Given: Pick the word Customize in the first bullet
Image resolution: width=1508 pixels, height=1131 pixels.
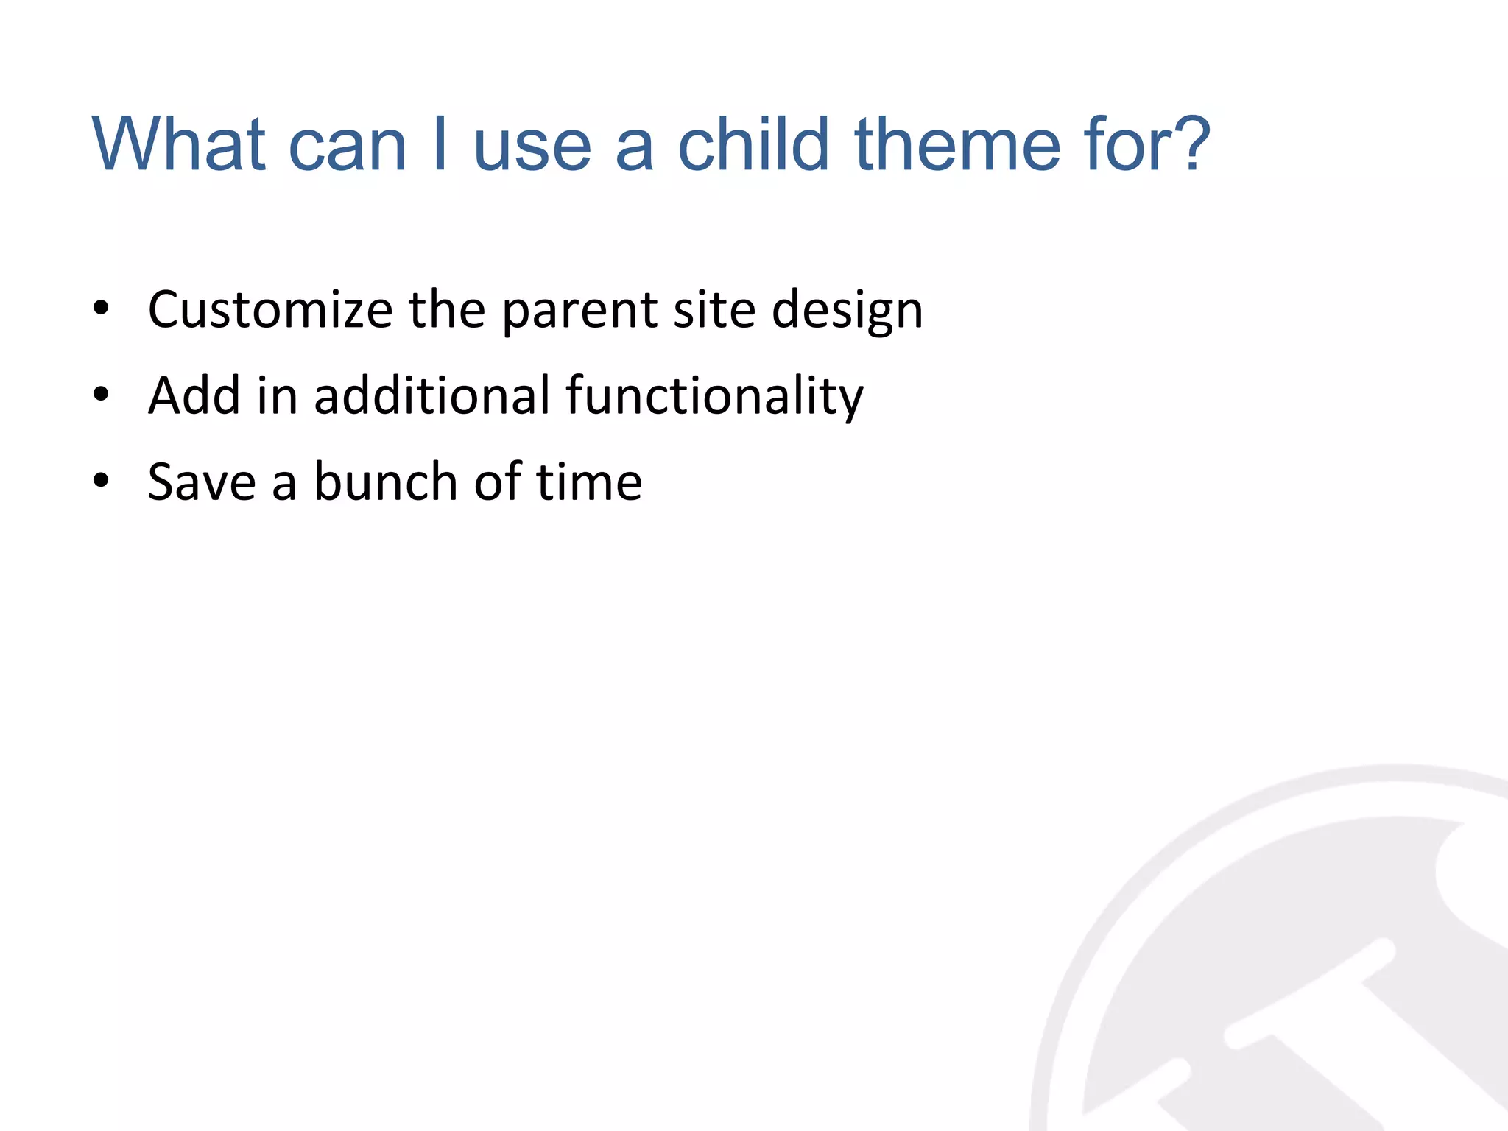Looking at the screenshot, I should tap(270, 309).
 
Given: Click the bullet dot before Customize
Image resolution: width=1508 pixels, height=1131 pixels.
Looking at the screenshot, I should tap(101, 309).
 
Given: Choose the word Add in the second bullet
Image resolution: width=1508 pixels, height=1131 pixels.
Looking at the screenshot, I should tap(194, 395).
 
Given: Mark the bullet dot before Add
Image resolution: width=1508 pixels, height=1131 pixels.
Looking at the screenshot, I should tap(101, 395).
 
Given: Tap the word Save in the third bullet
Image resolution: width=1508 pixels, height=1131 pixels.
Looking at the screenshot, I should tap(201, 482).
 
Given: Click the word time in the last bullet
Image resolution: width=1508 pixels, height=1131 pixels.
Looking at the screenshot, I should tap(588, 482).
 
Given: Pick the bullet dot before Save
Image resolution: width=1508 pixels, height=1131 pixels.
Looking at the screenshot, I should tap(101, 482).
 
